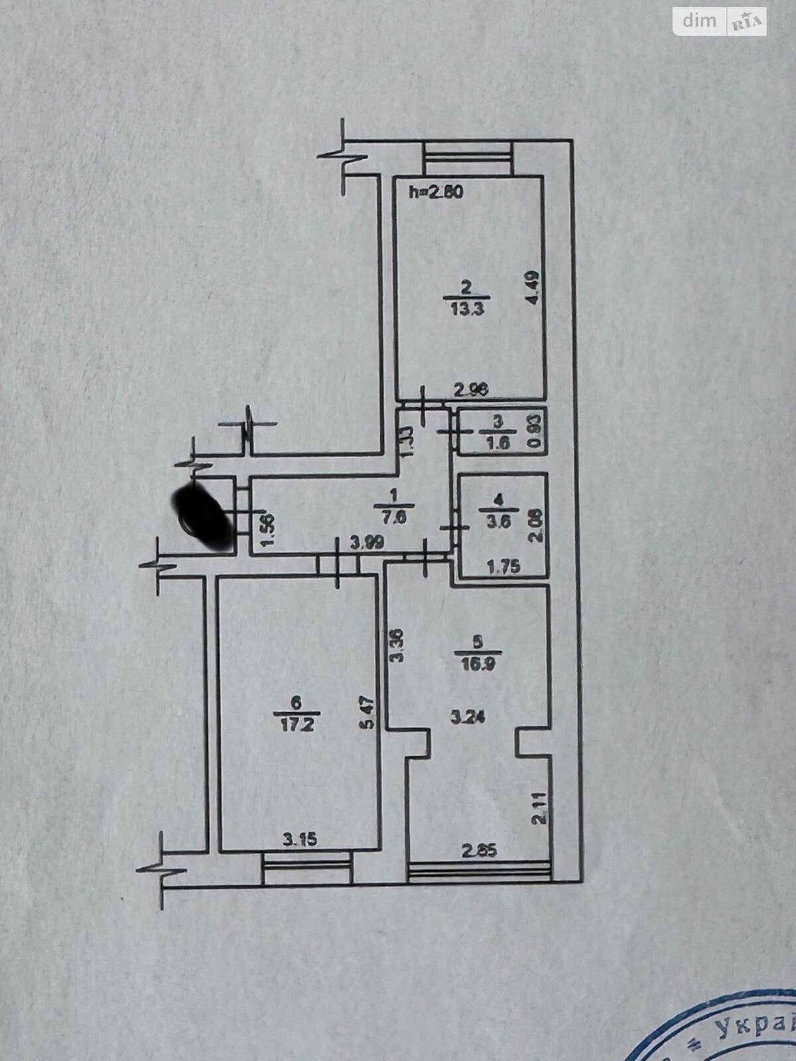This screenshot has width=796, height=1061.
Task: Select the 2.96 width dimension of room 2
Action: (x=472, y=391)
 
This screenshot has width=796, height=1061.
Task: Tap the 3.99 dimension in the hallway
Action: (x=367, y=544)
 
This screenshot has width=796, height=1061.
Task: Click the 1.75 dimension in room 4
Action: (x=503, y=566)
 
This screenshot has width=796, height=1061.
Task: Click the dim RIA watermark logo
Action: (x=720, y=22)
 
